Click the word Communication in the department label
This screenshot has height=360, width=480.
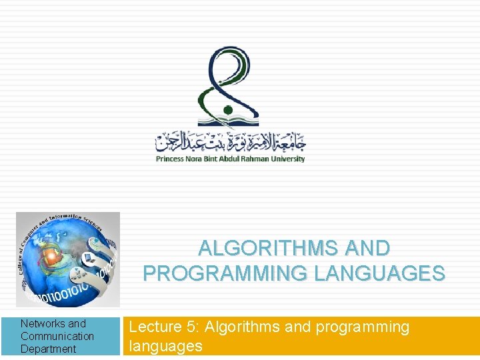(57, 336)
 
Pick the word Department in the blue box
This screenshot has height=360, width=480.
(48, 349)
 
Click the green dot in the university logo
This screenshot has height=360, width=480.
(227, 109)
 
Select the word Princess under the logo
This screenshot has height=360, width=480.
(172, 159)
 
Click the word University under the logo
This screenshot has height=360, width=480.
(287, 159)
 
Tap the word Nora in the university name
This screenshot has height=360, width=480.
(198, 159)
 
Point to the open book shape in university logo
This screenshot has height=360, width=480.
(230, 122)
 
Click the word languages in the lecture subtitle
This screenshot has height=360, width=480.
(165, 346)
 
